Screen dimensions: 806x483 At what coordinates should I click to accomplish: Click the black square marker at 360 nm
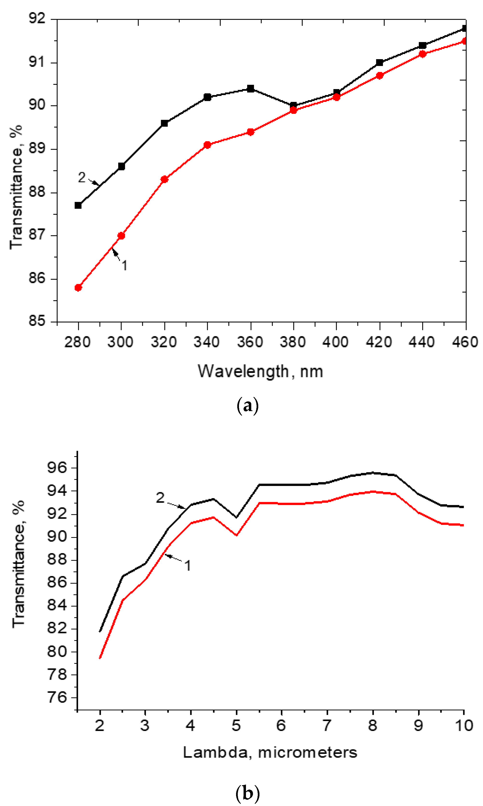tap(250, 89)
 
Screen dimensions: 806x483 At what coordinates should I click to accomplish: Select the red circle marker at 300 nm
tap(121, 236)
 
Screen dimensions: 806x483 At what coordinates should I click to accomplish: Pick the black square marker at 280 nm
tap(78, 205)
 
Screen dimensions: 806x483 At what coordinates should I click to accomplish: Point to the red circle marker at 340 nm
tap(207, 145)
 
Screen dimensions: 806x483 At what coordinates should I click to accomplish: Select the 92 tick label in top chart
tap(37, 18)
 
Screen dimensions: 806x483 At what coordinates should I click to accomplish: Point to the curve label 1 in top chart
tap(124, 266)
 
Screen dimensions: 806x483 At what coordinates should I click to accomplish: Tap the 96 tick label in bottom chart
tap(57, 468)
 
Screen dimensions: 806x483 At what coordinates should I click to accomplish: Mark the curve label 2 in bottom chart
tap(160, 498)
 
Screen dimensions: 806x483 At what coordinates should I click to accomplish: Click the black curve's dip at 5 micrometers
tap(236, 517)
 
